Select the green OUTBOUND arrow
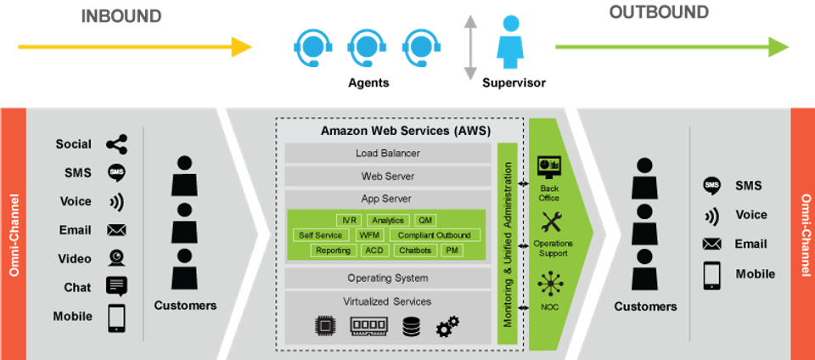671,48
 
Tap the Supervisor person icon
509,42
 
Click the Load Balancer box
388,154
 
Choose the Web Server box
388,177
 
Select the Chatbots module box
415,250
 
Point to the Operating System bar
388,278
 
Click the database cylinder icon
412,327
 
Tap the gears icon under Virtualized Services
447,327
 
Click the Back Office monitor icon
548,164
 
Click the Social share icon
117,144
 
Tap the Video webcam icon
117,258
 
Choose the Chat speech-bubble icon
117,287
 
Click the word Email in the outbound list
750,244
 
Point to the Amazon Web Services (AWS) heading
388,132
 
